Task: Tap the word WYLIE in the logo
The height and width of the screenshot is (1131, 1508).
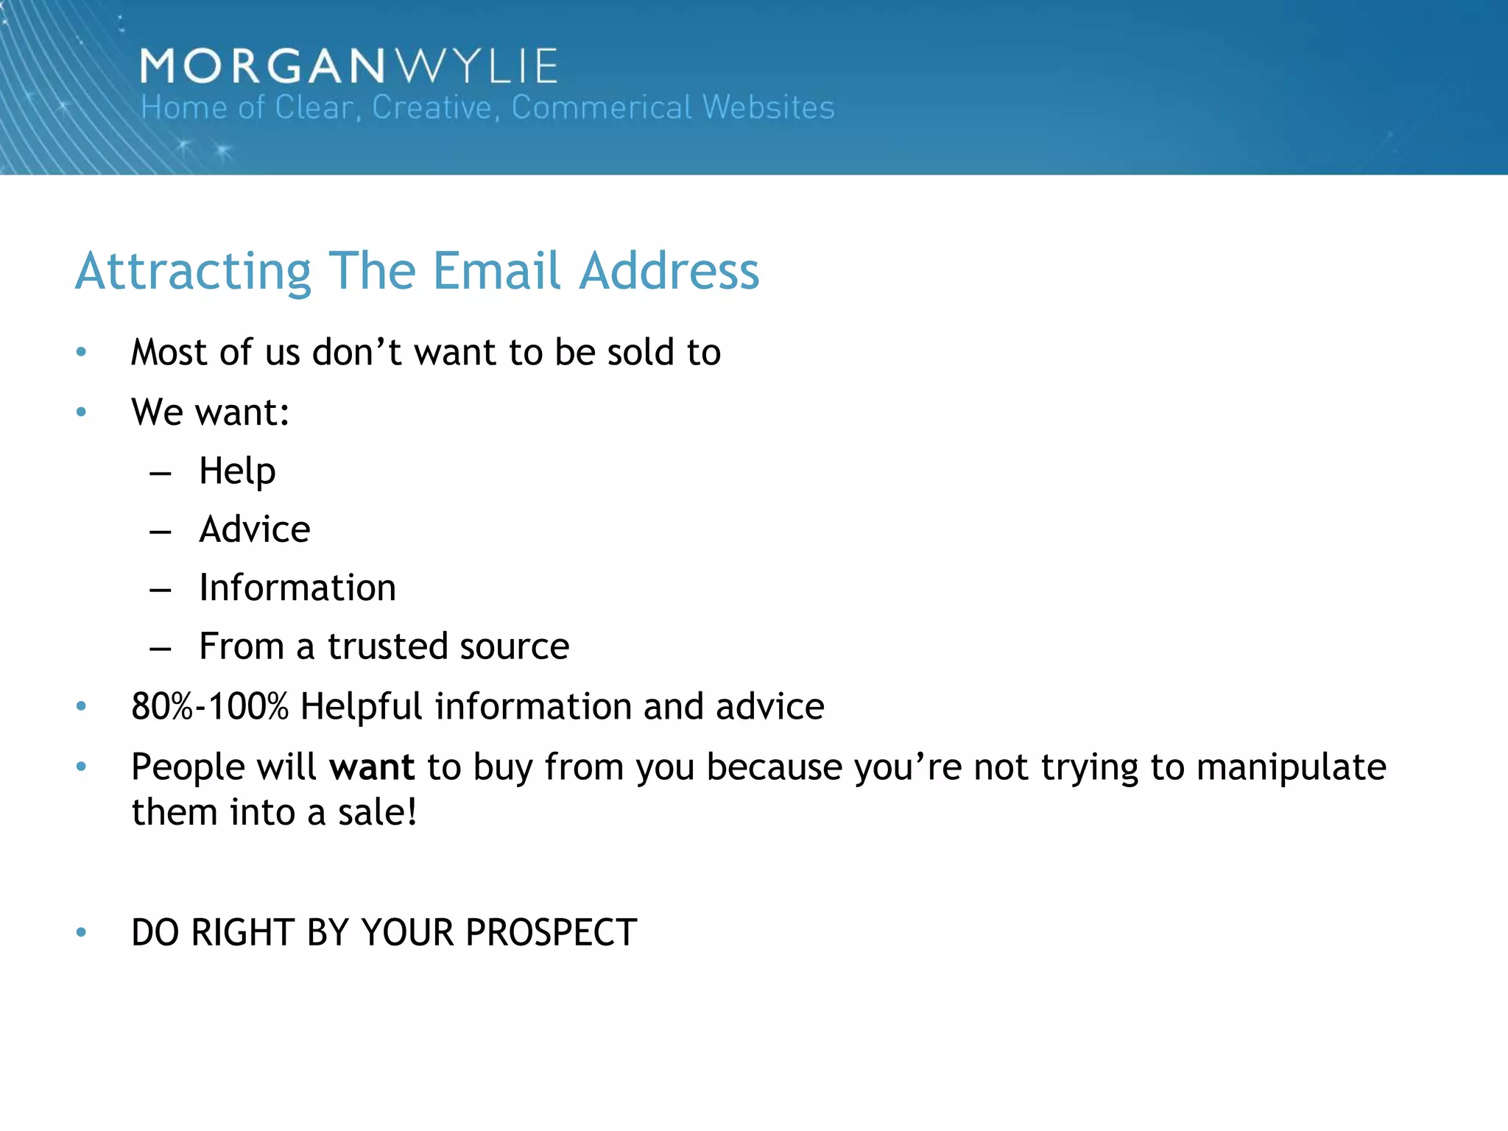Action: pos(478,66)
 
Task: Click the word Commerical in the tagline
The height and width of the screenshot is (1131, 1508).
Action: pos(602,108)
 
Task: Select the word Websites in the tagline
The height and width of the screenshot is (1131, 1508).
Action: pos(769,108)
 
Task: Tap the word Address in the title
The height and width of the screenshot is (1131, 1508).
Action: pos(669,271)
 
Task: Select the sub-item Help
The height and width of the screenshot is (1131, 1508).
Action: pos(237,471)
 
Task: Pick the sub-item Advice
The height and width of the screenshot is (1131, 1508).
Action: pos(255,529)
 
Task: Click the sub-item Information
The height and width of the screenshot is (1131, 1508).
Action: pos(297,588)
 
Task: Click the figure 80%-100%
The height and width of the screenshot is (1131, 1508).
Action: pos(210,707)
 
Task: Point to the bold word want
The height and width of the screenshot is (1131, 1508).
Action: pos(372,767)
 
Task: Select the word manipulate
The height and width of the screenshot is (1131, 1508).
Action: pos(1291,767)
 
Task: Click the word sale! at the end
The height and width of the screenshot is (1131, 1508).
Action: pos(377,813)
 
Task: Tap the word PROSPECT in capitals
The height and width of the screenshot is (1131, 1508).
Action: pos(551,933)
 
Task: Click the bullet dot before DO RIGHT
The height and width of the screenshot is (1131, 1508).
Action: pos(82,933)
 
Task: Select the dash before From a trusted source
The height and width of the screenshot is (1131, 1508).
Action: pos(161,649)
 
